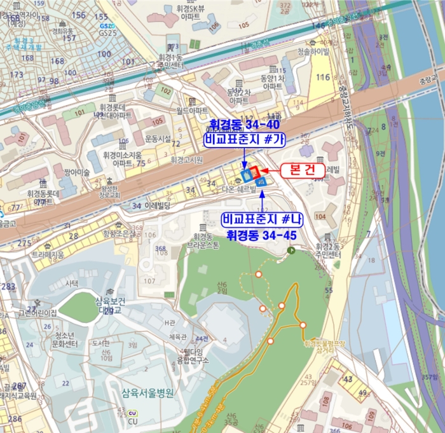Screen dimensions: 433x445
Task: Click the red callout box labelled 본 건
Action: coord(303,170)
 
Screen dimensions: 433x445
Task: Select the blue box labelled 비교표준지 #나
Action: coord(262,219)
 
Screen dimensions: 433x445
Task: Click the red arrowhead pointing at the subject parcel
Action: coord(265,170)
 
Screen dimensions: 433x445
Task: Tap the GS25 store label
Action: coord(108,31)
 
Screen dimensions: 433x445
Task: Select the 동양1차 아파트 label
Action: coord(271,81)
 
